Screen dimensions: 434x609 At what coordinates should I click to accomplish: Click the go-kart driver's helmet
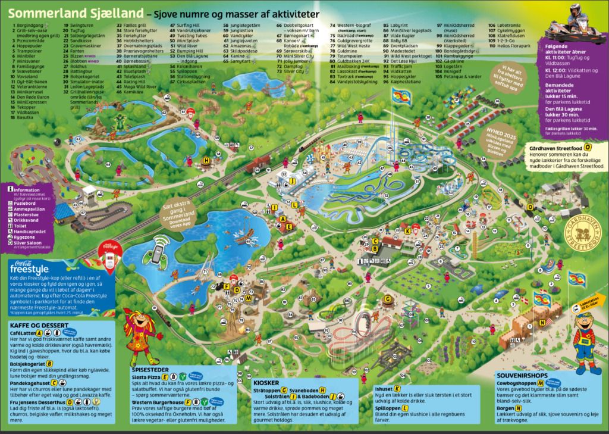[x=575, y=10]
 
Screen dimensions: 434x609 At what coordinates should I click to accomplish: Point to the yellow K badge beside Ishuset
[x=397, y=389]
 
